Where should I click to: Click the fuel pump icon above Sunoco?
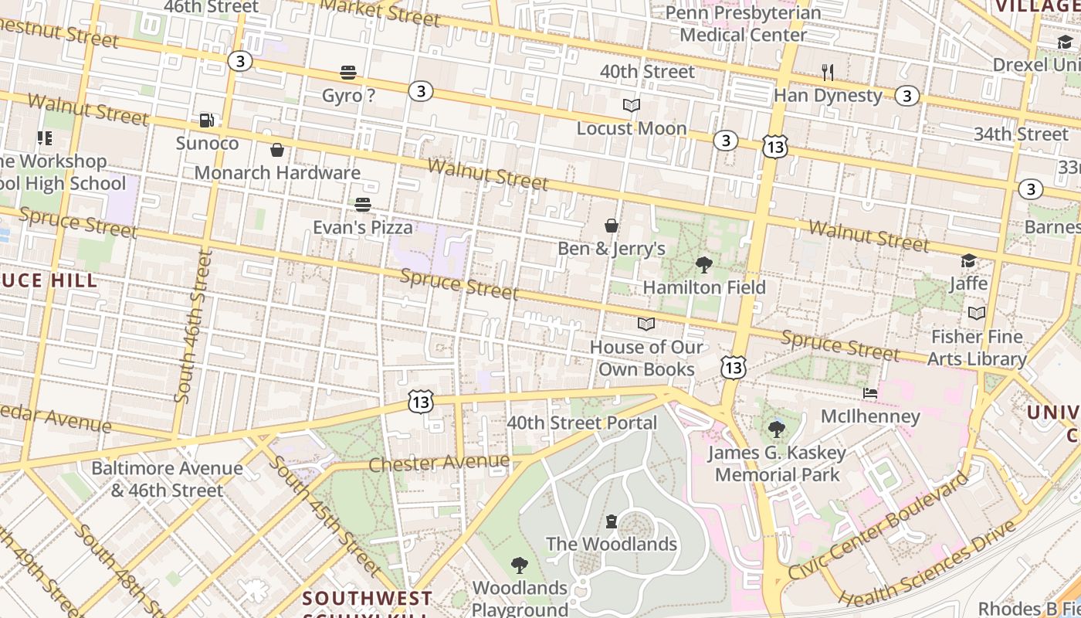tap(206, 121)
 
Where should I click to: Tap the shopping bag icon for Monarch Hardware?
tap(277, 150)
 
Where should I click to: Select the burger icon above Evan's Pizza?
tap(363, 205)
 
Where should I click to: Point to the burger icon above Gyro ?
tap(348, 73)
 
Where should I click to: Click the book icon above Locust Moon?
tap(632, 106)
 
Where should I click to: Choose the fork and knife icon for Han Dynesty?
tap(828, 73)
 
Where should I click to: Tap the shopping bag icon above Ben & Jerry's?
tap(612, 226)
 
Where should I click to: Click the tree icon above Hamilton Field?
tap(704, 265)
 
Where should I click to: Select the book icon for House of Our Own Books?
tap(646, 324)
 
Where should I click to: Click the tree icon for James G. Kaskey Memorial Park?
tap(777, 430)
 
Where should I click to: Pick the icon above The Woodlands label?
tap(612, 521)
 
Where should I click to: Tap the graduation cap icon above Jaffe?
tap(968, 261)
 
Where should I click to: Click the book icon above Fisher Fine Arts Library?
tap(977, 314)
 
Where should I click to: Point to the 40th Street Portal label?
tap(582, 423)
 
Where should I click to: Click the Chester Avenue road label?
tap(439, 463)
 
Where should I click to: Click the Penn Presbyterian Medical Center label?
tap(743, 24)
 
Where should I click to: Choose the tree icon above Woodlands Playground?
tap(520, 565)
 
